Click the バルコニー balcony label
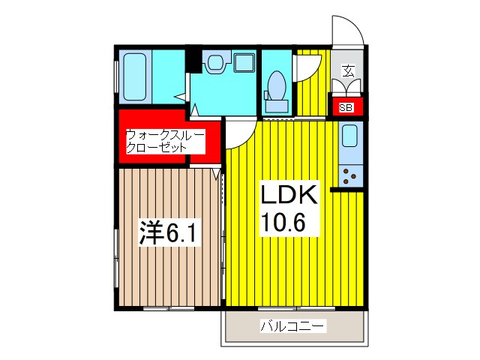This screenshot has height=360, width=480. pyautogui.click(x=292, y=326)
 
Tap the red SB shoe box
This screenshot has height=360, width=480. pyautogui.click(x=346, y=107)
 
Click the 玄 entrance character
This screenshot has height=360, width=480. pyautogui.click(x=349, y=71)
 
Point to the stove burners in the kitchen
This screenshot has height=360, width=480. pyautogui.click(x=349, y=175)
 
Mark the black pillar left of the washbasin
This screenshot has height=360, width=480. pyautogui.click(x=193, y=59)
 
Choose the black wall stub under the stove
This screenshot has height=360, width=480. pyautogui.click(x=347, y=189)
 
